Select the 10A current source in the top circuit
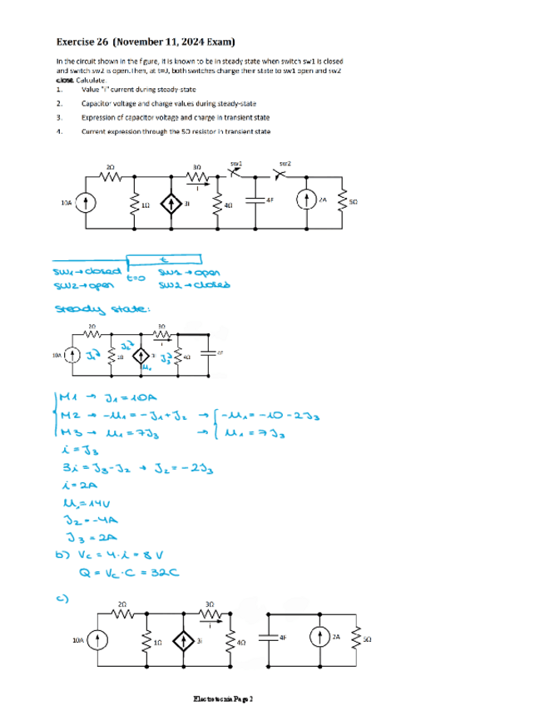coord(90,203)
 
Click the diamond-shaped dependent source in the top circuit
coord(171,203)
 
